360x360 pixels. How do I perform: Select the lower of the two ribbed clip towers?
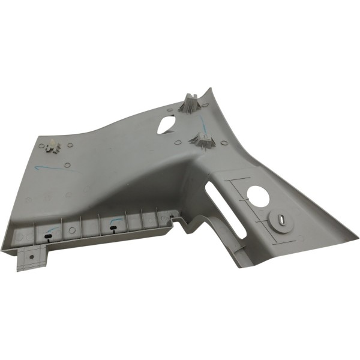(203, 142)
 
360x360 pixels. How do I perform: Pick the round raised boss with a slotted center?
(280, 220)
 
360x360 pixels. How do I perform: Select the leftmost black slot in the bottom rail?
(47, 236)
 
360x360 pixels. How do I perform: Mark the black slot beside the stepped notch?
(171, 217)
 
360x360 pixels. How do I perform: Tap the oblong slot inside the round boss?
(280, 220)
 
